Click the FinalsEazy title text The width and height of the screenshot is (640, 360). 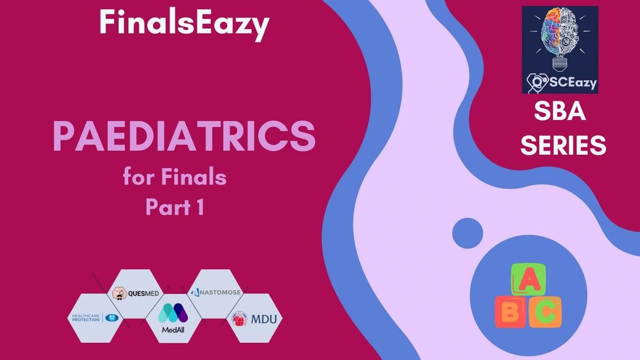(185, 24)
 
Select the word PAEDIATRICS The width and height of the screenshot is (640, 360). (185, 137)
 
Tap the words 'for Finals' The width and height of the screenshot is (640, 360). (175, 177)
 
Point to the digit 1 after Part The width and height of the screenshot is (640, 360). (201, 207)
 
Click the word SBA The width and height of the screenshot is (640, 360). (560, 111)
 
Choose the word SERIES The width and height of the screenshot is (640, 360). (563, 145)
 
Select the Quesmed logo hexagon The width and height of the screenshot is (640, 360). (135, 294)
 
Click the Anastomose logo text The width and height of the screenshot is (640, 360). (215, 292)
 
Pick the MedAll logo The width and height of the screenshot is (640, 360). (173, 318)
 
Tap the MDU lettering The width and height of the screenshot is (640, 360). (264, 319)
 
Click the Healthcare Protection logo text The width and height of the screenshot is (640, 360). (86, 318)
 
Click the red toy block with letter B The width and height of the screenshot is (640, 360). (510, 312)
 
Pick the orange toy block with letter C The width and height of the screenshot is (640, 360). (545, 312)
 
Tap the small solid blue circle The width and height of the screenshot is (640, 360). (468, 233)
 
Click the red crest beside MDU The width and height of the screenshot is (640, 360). (239, 319)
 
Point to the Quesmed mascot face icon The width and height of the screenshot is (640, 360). (119, 293)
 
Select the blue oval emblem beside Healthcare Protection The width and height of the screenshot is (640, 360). (111, 318)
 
